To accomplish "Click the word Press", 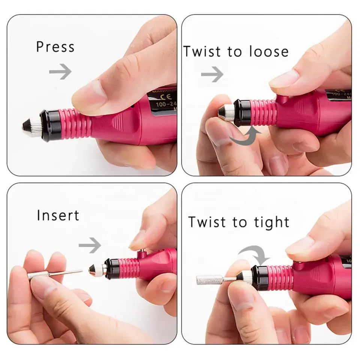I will point(55,47).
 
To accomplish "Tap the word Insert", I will point(58,216).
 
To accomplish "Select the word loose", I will point(267,51).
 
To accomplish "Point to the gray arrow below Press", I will point(60,71).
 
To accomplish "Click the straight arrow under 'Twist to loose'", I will point(212,75).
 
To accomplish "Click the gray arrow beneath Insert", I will point(90,246).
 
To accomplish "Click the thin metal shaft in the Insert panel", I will point(67,273).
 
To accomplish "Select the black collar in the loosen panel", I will point(240,112).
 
